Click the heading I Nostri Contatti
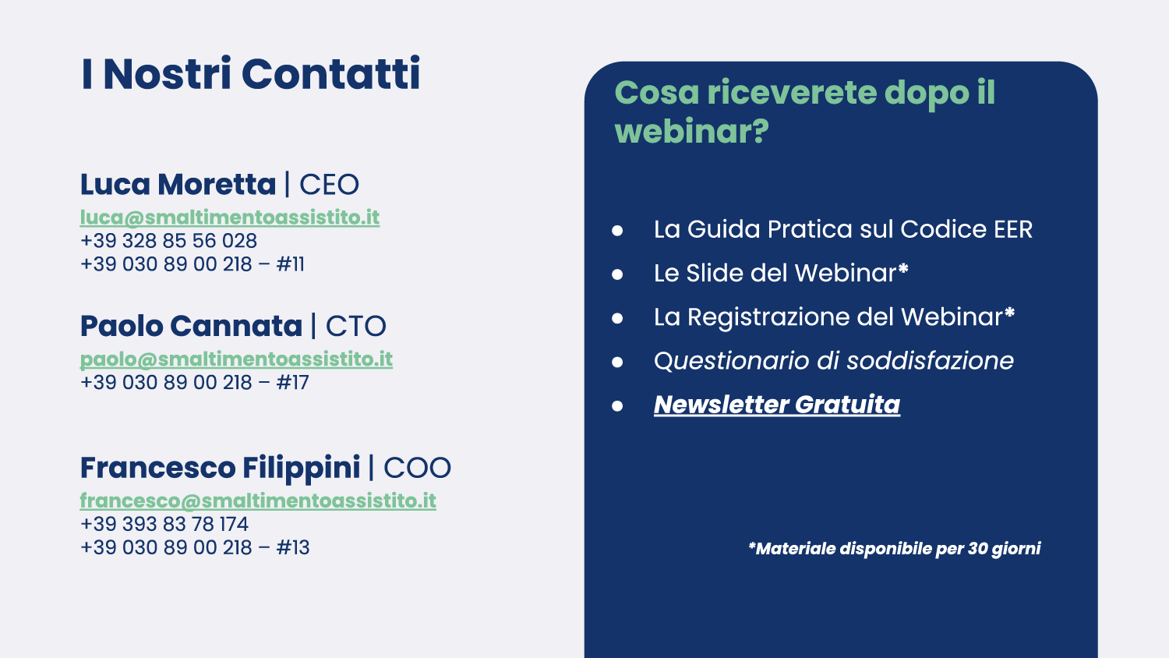point(250,73)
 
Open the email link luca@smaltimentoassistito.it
point(230,218)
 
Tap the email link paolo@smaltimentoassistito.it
point(236,359)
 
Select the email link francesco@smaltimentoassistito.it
point(258,501)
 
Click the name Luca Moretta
point(178,184)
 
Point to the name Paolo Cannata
point(191,326)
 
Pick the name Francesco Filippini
point(221,468)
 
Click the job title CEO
point(330,184)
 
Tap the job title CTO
point(356,327)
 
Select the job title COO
point(417,468)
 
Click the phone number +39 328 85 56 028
point(168,241)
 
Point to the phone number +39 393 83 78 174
point(164,525)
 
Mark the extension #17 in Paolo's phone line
point(293,383)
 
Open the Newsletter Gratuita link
point(777,405)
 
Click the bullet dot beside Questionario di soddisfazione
point(617,362)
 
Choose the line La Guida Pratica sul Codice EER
point(843,229)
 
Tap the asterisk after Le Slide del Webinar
point(902,270)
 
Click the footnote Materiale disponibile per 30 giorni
point(895,548)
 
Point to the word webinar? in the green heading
point(692,131)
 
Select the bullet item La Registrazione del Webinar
point(834,317)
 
